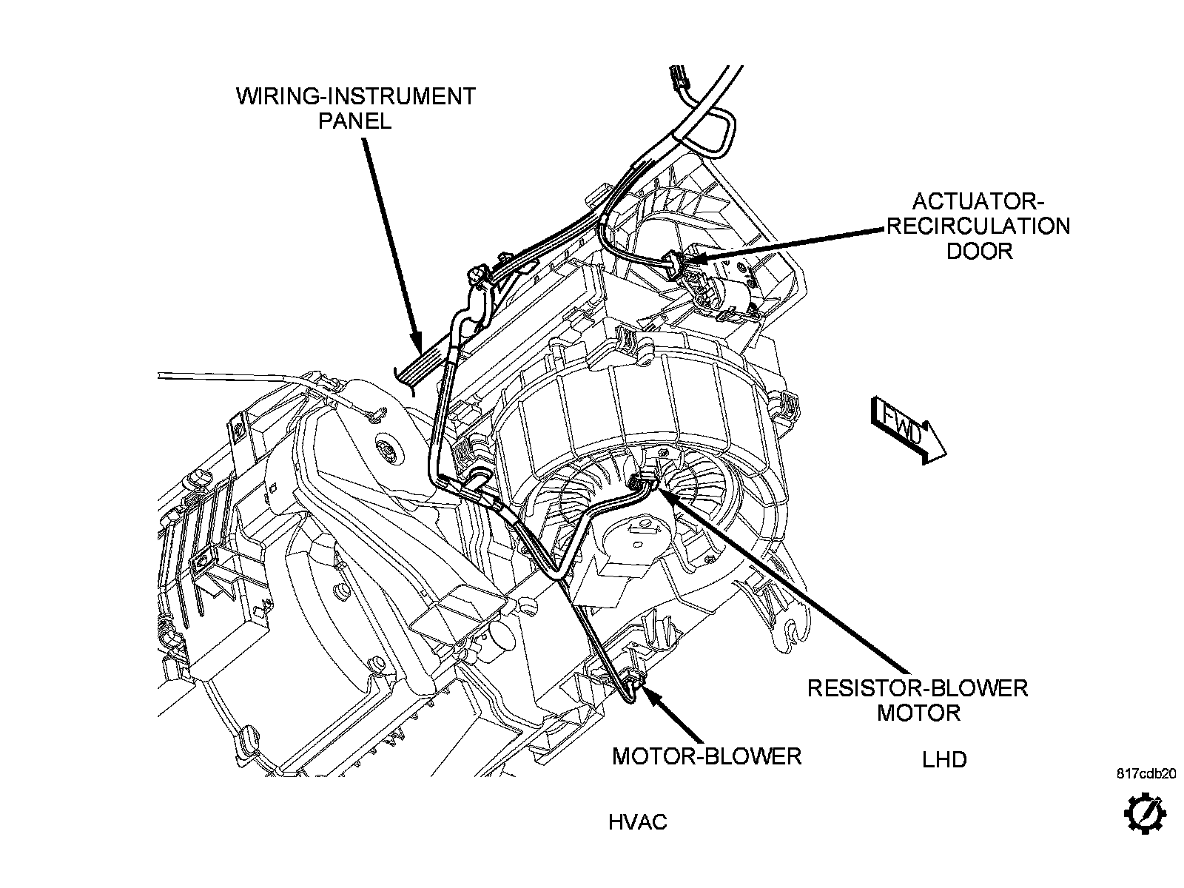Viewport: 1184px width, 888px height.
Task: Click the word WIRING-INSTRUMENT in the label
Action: pos(355,96)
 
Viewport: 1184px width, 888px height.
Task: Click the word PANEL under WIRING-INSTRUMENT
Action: pos(355,121)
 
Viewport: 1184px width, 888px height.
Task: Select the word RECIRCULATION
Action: pos(978,226)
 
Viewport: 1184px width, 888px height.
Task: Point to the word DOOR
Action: pos(979,251)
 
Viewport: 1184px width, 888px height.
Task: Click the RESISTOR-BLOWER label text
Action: pos(918,688)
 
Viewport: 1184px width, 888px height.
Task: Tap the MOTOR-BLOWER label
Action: pos(707,756)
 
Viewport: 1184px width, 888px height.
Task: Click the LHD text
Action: pos(944,759)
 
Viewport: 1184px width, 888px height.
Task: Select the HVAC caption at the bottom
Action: pos(638,822)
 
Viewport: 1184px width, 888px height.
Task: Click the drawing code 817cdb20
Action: pos(1146,774)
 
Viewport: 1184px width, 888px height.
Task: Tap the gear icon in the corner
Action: pos(1146,813)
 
